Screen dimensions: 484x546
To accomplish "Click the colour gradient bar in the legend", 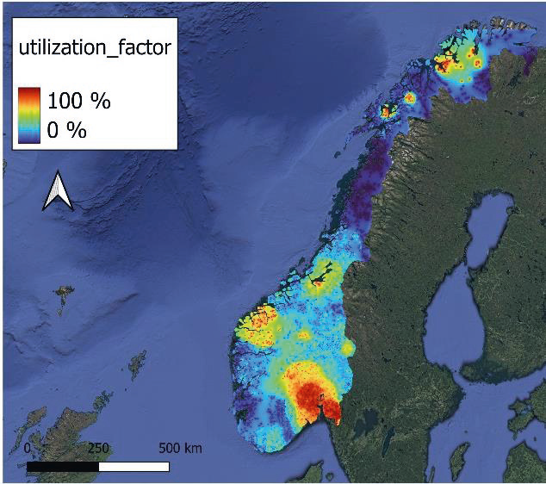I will click(29, 115).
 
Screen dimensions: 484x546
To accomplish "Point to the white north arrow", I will click(58, 190).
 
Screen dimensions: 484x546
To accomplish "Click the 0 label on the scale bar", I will click(28, 449).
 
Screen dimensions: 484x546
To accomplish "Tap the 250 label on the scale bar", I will click(97, 449).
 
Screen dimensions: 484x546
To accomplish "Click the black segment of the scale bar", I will click(62, 466).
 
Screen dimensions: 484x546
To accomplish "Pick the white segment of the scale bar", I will click(133, 466).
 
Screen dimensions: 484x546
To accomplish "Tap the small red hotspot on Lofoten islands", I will click(387, 110).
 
